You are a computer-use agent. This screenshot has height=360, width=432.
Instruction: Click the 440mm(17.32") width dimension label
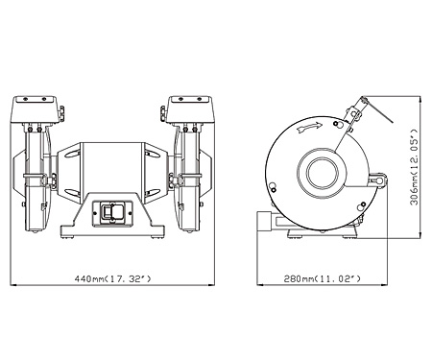(112, 278)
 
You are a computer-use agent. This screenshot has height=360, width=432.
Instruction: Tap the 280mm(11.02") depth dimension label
(323, 278)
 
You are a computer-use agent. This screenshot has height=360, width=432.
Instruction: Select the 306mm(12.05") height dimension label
(415, 167)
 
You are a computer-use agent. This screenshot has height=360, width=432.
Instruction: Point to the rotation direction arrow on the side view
(309, 128)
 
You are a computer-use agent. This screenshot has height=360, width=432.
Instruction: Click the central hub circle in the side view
(323, 173)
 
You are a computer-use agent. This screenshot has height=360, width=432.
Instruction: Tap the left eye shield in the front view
(35, 109)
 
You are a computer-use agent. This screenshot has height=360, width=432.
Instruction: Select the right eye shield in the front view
(190, 109)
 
